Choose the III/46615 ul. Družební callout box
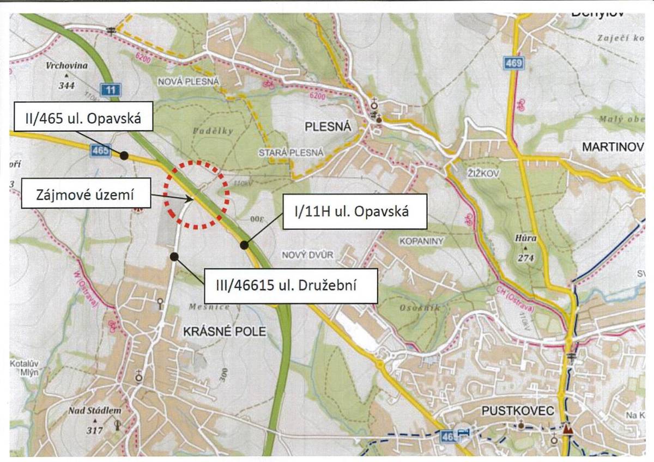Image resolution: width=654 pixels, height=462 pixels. coord(290,285)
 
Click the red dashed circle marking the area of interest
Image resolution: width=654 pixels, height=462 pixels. coord(196,194)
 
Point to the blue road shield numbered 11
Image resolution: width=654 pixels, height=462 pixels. coord(111,89)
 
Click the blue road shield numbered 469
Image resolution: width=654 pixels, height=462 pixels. coord(513,64)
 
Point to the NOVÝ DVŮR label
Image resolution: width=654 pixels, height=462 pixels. coord(307,255)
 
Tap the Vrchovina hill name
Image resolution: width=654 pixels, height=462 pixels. coord(67,65)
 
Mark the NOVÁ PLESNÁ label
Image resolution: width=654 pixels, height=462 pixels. coord(188,82)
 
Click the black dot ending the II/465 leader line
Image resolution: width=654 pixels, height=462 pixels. coord(124,156)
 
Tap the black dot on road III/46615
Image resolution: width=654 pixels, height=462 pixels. coord(173,256)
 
